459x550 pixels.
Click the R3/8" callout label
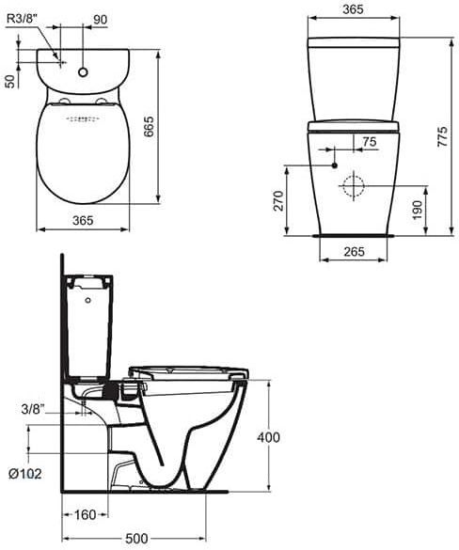pyautogui.click(x=22, y=18)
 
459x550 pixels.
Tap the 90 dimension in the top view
pyautogui.click(x=100, y=20)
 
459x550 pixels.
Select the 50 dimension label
pyautogui.click(x=11, y=82)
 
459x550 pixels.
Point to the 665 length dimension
pyautogui.click(x=149, y=126)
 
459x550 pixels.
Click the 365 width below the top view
pyautogui.click(x=83, y=220)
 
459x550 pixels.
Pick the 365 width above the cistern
pyautogui.click(x=353, y=9)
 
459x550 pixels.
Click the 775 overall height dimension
pyautogui.click(x=443, y=136)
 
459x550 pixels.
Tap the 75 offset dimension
pyautogui.click(x=369, y=142)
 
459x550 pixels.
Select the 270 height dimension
pyautogui.click(x=278, y=200)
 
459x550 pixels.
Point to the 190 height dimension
pyautogui.click(x=417, y=210)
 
